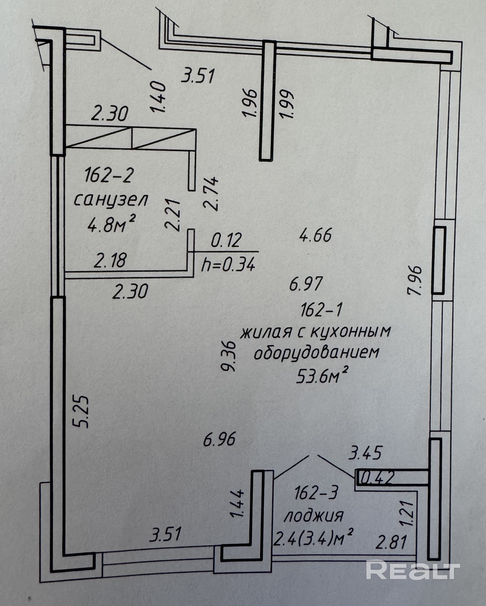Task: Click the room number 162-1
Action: pyautogui.click(x=321, y=311)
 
